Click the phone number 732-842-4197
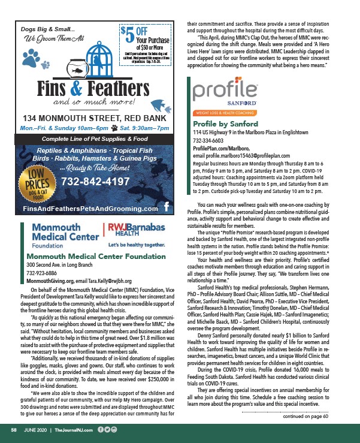(104, 181)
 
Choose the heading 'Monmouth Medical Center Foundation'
(84, 256)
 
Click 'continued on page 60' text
(307, 418)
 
